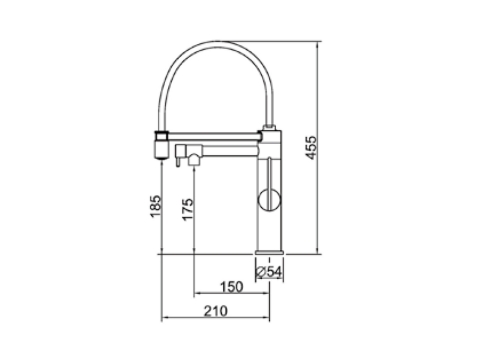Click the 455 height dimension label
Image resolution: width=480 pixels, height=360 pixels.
(x=311, y=147)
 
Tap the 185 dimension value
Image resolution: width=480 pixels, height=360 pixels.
(x=156, y=206)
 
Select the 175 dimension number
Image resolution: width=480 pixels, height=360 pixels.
(x=188, y=209)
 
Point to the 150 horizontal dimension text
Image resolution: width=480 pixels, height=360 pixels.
(x=232, y=287)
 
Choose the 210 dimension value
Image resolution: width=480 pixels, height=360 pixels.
(x=216, y=311)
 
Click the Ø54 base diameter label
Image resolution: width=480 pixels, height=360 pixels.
(x=269, y=272)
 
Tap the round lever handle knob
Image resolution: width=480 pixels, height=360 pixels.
(x=270, y=200)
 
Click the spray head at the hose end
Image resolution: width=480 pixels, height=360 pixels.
(x=161, y=145)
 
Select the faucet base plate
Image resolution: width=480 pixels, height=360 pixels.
(x=270, y=252)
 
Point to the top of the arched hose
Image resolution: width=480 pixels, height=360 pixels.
(x=217, y=42)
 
